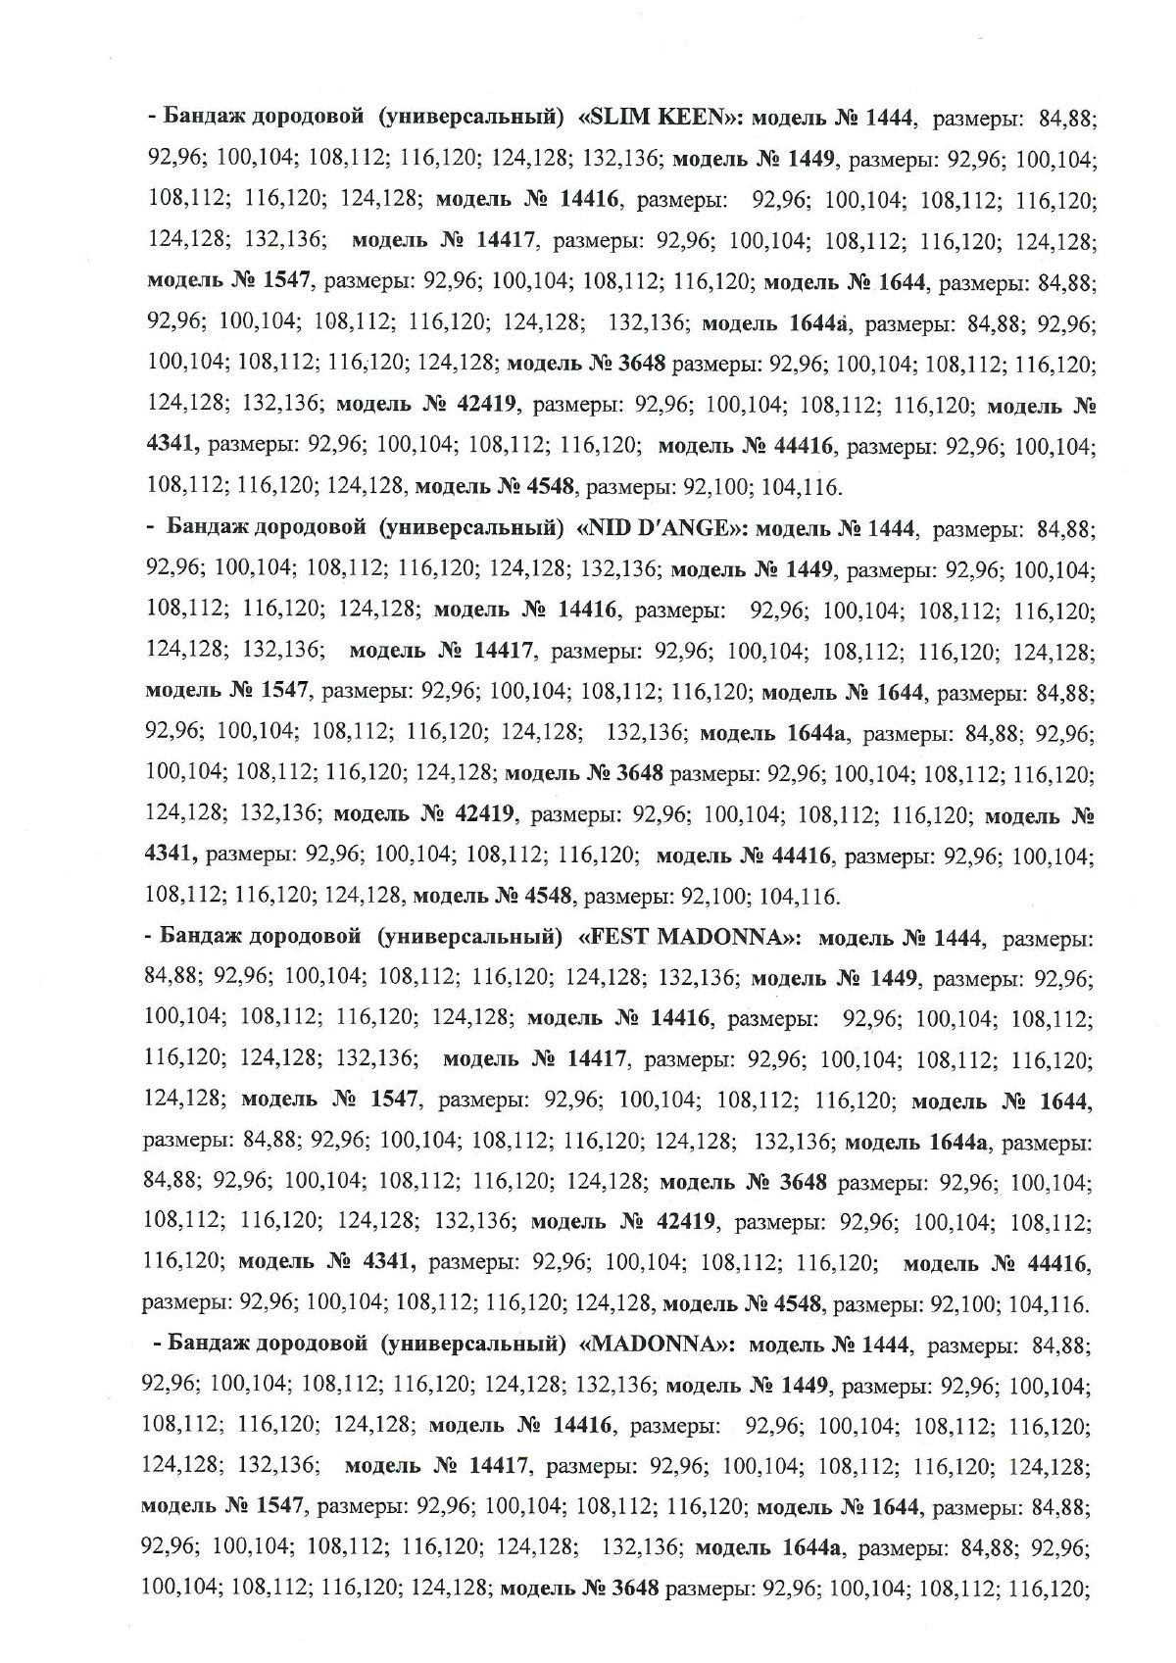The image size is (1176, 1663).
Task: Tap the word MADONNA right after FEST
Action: pyautogui.click(x=724, y=938)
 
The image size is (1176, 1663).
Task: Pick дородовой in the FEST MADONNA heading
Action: pyautogui.click(x=303, y=938)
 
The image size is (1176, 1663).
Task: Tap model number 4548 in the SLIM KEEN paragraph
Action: pyautogui.click(x=552, y=486)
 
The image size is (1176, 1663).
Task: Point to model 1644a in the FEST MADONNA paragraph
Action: pyautogui.click(x=958, y=1142)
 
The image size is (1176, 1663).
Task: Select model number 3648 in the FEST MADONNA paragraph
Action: pyautogui.click(x=801, y=1182)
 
